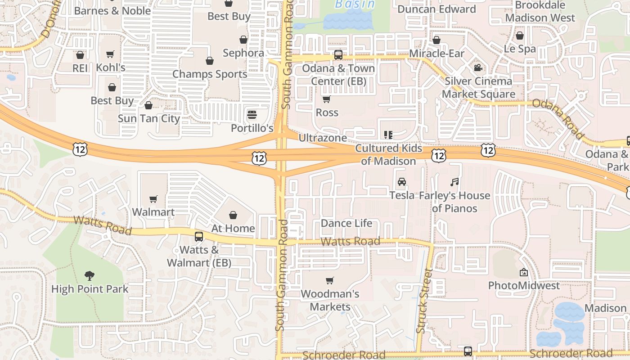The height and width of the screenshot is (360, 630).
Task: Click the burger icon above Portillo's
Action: tap(252, 114)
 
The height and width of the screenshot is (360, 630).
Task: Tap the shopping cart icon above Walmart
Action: tap(153, 199)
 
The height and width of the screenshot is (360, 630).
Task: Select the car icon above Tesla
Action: tap(401, 182)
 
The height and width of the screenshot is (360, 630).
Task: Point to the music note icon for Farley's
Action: tap(454, 182)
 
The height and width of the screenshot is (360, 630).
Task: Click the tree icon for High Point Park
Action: tap(90, 275)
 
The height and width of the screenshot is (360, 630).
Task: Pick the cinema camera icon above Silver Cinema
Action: tap(478, 68)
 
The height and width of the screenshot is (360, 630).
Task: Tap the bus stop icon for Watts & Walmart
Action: tap(199, 236)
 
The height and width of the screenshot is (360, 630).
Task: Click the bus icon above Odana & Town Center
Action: tap(338, 55)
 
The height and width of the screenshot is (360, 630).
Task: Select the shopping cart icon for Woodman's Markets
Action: tap(330, 281)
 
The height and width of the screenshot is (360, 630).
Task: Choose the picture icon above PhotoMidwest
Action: tap(524, 272)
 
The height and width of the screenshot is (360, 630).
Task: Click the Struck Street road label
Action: tap(424, 301)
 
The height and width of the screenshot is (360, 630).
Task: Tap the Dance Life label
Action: tap(346, 223)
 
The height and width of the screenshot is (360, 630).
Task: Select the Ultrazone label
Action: tap(323, 138)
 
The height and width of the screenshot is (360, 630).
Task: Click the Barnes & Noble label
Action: tap(112, 10)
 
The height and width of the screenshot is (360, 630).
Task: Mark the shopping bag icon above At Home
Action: tap(233, 215)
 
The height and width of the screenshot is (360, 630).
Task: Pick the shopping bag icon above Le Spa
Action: tap(520, 36)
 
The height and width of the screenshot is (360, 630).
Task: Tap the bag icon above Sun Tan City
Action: tap(148, 105)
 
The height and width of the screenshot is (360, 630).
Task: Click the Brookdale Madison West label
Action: tap(540, 11)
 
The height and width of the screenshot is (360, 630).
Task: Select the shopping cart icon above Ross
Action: tap(327, 99)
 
